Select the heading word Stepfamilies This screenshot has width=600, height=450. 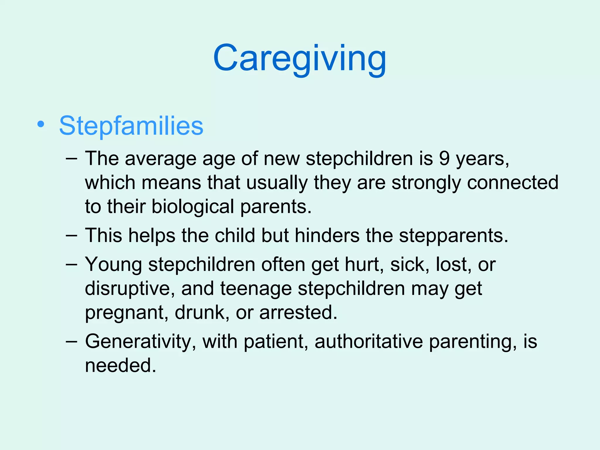tap(131, 126)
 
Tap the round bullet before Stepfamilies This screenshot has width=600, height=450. tap(41, 125)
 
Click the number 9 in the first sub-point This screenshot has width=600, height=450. tap(444, 158)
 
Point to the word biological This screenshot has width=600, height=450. tap(192, 207)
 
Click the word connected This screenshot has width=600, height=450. tap(513, 183)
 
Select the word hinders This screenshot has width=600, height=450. tap(327, 235)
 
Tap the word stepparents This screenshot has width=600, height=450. tap(453, 236)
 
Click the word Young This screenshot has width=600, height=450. tap(113, 265)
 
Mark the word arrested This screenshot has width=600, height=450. tap(298, 312)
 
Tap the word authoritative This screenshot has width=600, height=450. tap(369, 342)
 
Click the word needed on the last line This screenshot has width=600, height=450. tap(120, 365)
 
